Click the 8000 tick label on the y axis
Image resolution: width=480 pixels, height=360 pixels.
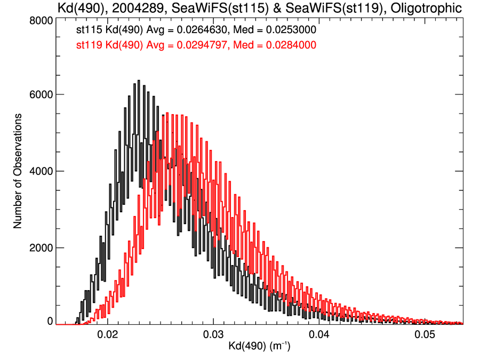pyautogui.click(x=40, y=20)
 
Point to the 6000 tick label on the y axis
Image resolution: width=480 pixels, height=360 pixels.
pyautogui.click(x=40, y=95)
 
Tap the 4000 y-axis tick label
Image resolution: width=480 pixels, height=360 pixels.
pyautogui.click(x=40, y=171)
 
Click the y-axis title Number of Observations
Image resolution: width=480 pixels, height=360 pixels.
pyautogui.click(x=18, y=171)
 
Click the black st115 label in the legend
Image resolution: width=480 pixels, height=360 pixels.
pyautogui.click(x=86, y=30)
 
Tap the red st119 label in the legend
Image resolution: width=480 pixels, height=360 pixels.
pyautogui.click(x=86, y=45)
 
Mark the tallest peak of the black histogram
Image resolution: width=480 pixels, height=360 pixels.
pyautogui.click(x=139, y=81)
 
